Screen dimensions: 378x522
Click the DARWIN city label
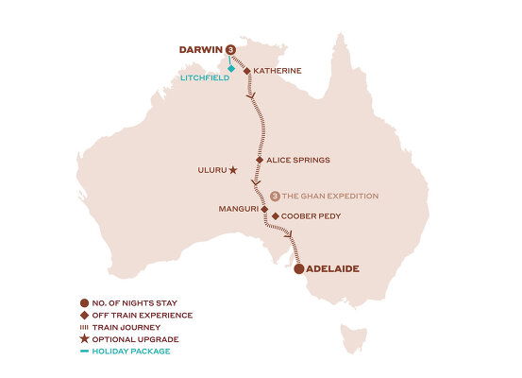[x=200, y=50]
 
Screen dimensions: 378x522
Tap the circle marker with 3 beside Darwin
[x=229, y=51]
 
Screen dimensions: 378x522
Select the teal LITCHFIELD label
[x=203, y=79]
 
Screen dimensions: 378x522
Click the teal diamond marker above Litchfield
[x=231, y=68]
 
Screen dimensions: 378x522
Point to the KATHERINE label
[x=278, y=71]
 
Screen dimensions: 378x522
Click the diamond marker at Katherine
[x=247, y=71]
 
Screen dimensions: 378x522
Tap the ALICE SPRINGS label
[x=298, y=161]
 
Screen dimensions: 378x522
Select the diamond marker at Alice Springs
[x=259, y=161]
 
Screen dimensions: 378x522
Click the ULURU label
[x=211, y=171]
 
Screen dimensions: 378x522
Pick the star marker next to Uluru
[x=234, y=171]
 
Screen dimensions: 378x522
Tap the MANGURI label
[x=238, y=208]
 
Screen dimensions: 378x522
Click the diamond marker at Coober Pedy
[x=275, y=216]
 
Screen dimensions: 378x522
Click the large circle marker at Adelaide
[x=299, y=269]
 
